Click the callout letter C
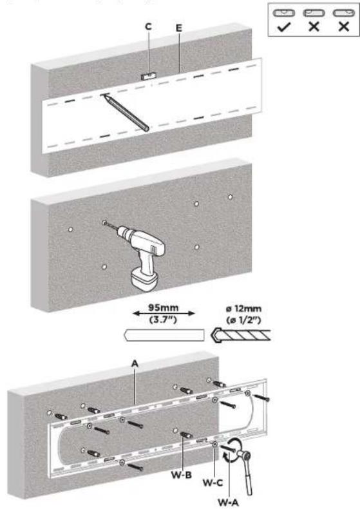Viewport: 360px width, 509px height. tap(148, 26)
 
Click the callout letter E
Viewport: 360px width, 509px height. tap(179, 28)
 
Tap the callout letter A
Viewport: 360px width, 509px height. tap(135, 363)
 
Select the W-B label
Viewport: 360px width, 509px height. tap(182, 475)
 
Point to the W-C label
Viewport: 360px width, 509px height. tap(213, 483)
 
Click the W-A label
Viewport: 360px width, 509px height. tap(229, 502)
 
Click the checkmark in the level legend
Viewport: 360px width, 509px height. tap(284, 27)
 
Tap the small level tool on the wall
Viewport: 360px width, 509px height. tap(149, 76)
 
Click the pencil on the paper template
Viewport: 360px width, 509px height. tap(125, 112)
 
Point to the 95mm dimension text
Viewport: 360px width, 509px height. tap(164, 307)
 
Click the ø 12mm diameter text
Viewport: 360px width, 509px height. tap(243, 309)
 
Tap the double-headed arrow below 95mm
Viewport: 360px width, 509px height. tap(164, 313)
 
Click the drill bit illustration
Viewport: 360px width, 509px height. tap(241, 335)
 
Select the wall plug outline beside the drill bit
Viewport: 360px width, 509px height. tap(164, 335)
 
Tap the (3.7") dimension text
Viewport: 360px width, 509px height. tap(163, 320)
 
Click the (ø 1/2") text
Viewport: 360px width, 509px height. tap(243, 320)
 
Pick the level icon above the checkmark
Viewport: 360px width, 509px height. tap(284, 13)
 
